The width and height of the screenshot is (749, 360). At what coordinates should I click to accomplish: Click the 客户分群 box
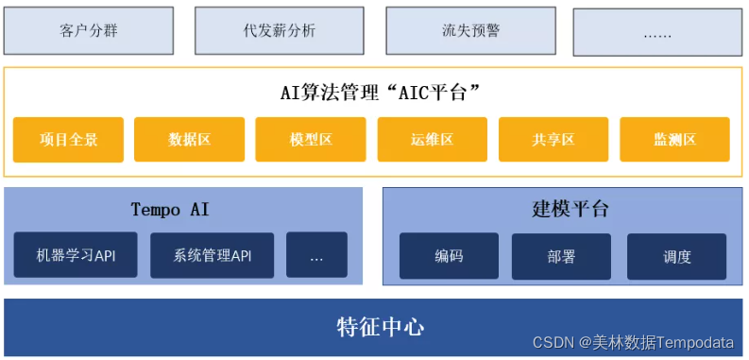[x=88, y=30]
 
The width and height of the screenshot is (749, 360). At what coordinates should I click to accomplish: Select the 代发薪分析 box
[x=279, y=30]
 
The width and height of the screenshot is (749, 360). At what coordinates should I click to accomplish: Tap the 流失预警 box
[x=469, y=30]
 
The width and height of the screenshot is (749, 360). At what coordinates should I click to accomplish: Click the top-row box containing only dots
[x=657, y=33]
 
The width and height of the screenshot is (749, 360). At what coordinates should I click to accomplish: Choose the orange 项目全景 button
[x=68, y=140]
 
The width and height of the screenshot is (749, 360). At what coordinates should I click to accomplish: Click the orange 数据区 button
[x=189, y=140]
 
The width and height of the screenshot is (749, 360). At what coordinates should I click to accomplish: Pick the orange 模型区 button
[x=311, y=140]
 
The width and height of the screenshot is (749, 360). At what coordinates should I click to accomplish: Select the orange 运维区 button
[x=432, y=140]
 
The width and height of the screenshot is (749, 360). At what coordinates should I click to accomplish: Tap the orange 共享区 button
[x=553, y=140]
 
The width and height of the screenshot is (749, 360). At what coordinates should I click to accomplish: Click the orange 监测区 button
[x=674, y=140]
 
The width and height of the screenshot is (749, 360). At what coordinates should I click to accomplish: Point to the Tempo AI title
[x=170, y=209]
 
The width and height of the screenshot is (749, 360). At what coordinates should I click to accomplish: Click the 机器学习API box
[x=76, y=255]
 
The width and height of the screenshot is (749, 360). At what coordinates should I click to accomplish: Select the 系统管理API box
[x=212, y=255]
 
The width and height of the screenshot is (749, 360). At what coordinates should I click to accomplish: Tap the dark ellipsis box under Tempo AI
[x=316, y=255]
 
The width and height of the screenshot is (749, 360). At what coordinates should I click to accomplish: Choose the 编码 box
[x=449, y=256]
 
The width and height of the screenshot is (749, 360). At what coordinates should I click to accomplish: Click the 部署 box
[x=561, y=256]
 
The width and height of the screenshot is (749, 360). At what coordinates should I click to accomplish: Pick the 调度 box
[x=676, y=256]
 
